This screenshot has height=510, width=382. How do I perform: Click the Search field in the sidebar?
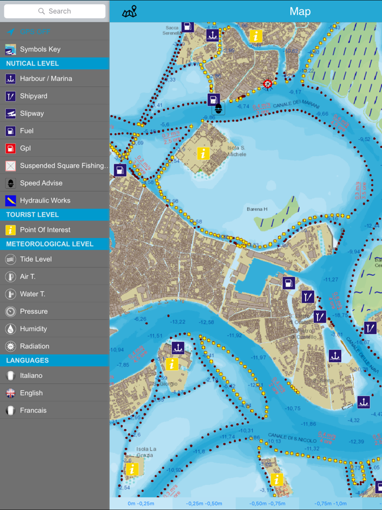click(55, 11)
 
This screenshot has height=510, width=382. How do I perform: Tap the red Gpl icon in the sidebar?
click(10, 149)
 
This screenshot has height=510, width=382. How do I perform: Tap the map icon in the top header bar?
click(129, 11)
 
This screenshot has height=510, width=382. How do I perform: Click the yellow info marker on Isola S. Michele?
click(203, 153)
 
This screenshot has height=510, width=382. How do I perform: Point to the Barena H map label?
click(256, 209)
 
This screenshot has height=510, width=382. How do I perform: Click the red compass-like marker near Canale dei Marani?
click(267, 84)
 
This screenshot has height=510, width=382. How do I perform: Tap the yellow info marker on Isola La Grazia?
click(132, 469)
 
